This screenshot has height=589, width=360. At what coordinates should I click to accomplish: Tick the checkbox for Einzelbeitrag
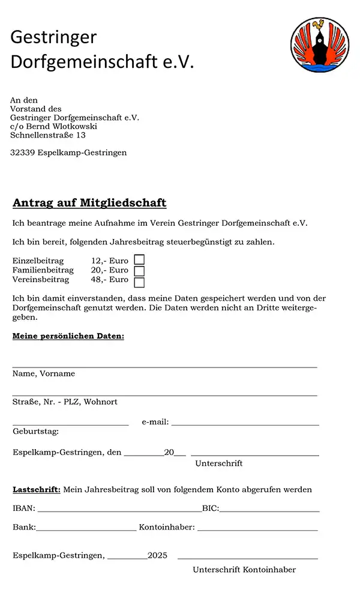[139, 260]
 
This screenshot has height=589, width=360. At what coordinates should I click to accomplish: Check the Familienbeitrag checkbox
[139, 271]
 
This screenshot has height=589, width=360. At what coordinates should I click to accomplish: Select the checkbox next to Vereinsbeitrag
[139, 282]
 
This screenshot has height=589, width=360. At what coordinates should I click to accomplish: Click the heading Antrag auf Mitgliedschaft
[89, 203]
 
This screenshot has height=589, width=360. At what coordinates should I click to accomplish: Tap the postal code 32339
[22, 153]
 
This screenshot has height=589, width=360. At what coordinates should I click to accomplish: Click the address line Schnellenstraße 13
[47, 135]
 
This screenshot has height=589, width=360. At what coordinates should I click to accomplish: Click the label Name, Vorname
[44, 373]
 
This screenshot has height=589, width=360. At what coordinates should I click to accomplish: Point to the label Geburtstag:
[35, 431]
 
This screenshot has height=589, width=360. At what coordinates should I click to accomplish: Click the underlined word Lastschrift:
[37, 489]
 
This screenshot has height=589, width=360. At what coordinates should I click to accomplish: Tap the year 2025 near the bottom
[158, 555]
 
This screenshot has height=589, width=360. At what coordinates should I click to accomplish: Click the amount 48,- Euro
[110, 279]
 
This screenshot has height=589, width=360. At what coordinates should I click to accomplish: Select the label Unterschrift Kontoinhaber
[244, 570]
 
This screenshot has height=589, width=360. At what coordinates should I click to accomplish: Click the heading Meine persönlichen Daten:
[68, 336]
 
